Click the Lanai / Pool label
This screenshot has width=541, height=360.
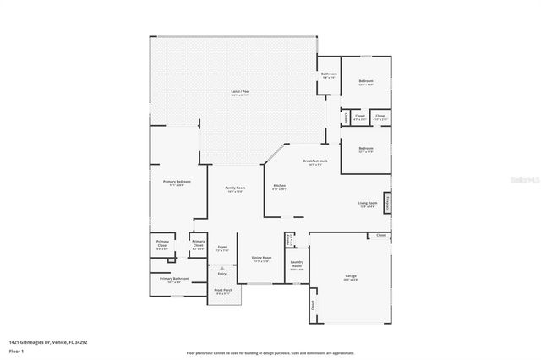pyautogui.click(x=240, y=92)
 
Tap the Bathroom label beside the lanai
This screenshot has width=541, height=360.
pyautogui.click(x=329, y=74)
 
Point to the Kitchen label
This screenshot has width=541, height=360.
pyautogui.click(x=279, y=187)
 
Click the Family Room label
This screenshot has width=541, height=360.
pyautogui.click(x=235, y=189)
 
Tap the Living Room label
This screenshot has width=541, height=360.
pyautogui.click(x=368, y=204)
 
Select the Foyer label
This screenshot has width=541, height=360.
pyautogui.click(x=222, y=248)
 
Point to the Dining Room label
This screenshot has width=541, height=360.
pyautogui.click(x=261, y=259)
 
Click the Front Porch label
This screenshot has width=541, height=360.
pyautogui.click(x=224, y=292)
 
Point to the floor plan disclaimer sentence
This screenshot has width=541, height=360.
pyautogui.click(x=270, y=352)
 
